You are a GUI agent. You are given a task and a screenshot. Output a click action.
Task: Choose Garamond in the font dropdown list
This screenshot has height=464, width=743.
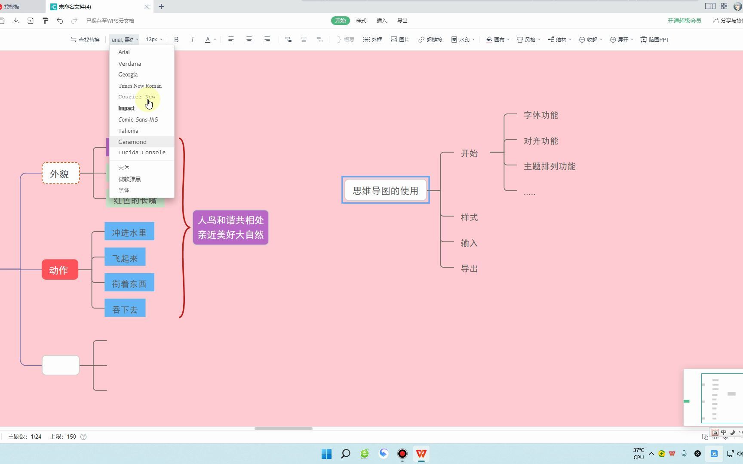[132, 142]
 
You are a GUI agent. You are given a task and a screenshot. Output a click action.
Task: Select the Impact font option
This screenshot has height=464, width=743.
[126, 108]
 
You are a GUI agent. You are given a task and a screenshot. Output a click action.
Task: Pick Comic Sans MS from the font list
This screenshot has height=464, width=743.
[138, 119]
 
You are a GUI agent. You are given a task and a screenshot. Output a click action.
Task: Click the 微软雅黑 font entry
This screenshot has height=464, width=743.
[129, 179]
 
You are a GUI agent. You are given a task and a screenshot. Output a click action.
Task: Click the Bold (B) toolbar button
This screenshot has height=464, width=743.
[176, 40]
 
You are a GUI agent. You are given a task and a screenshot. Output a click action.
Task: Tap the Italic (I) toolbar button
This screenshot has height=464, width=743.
[192, 40]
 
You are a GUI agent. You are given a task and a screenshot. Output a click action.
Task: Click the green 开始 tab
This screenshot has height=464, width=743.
[340, 21]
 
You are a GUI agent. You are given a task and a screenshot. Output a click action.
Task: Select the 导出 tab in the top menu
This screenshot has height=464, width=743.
[402, 21]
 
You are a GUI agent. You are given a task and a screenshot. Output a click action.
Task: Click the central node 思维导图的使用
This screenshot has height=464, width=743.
[385, 190]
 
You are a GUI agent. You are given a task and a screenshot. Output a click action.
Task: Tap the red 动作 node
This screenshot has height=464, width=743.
[60, 270]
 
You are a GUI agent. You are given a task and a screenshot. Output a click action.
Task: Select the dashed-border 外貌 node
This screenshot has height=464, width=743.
[60, 174]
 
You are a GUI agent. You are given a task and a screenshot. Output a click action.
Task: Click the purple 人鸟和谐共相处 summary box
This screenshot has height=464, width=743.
[230, 227]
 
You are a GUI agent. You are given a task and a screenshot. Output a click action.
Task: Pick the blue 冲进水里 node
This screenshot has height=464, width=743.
[129, 232]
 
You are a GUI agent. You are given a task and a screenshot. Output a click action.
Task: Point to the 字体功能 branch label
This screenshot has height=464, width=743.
[540, 115]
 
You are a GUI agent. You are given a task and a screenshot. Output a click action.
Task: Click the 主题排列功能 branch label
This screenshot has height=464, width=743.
[549, 166]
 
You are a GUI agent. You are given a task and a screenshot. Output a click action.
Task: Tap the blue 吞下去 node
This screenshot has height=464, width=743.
[125, 309]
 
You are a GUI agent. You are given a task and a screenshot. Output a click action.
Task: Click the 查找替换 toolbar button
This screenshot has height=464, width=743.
[85, 40]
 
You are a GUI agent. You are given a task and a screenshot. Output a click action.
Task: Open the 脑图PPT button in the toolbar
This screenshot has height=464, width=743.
[655, 40]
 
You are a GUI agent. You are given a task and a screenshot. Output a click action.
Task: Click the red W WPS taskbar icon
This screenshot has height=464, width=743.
[421, 454]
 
